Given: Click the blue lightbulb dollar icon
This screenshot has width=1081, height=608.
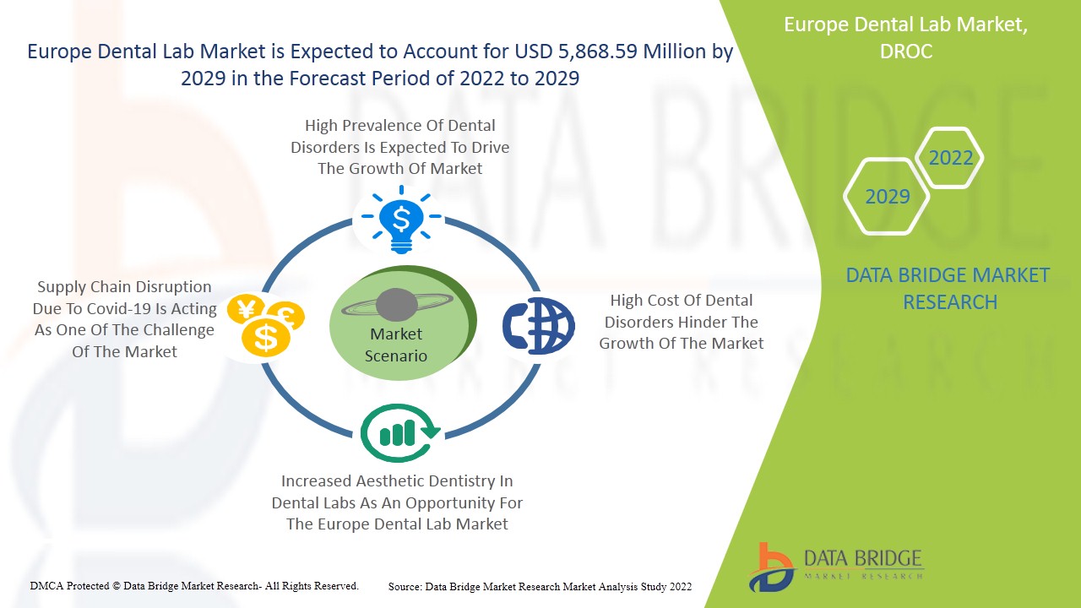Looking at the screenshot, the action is point(401,220).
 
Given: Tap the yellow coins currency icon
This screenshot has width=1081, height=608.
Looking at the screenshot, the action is point(266,325).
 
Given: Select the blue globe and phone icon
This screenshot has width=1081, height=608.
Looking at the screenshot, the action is point(539,325).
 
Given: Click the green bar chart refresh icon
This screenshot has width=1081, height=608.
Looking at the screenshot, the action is point(399,433).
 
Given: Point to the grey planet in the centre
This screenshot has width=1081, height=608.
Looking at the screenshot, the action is point(397,305).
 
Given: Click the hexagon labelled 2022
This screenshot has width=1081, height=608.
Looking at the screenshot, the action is point(949,158).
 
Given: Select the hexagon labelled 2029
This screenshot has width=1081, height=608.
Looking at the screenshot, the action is point(887,197).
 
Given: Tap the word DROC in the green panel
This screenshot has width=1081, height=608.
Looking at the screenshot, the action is point(906,52).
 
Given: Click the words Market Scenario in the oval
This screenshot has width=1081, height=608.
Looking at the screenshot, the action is point(396,345).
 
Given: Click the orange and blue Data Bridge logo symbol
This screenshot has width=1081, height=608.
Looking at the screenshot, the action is point(771,567).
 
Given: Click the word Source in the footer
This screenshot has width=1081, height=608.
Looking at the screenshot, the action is point(405,587).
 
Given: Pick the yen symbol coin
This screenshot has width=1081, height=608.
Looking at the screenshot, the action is point(246,309).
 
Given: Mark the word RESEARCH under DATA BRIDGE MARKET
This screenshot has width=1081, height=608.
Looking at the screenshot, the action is point(950,302).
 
